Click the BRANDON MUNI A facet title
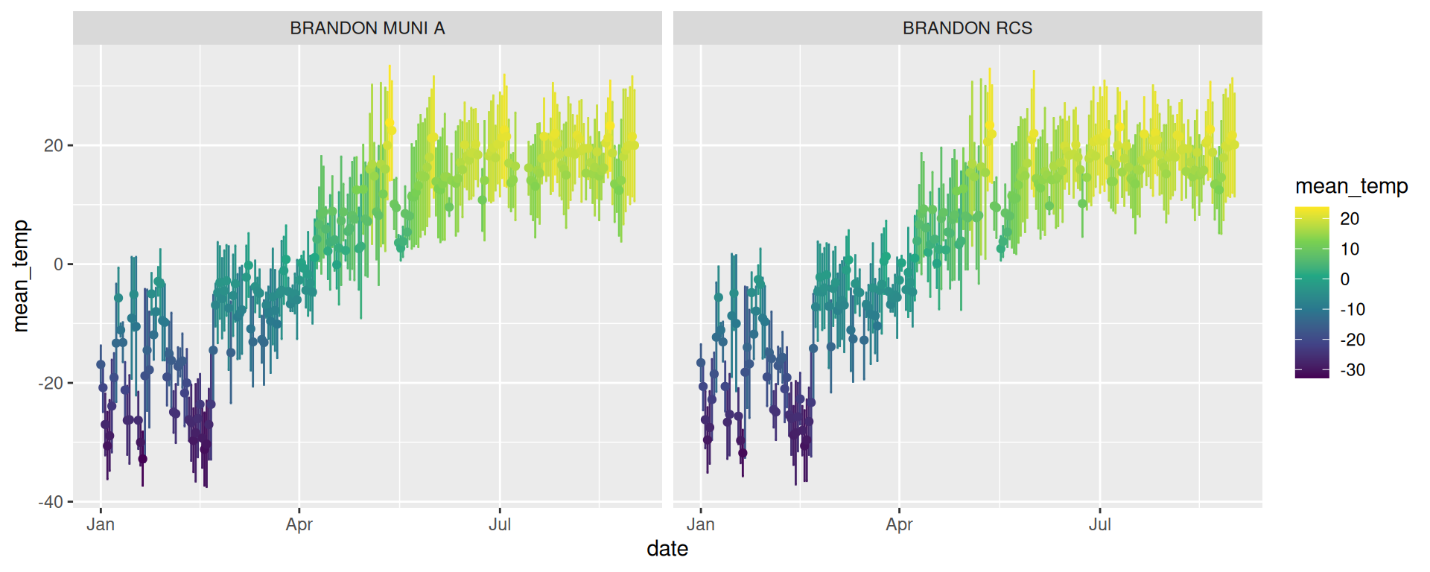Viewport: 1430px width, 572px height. (367, 28)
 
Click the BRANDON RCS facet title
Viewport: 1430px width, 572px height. (967, 28)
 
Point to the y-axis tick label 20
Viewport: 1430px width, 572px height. (54, 146)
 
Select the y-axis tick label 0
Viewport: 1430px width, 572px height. (58, 264)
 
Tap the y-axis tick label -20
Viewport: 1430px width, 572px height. (51, 384)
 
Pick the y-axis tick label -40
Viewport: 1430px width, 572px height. (51, 502)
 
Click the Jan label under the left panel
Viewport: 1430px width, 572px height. (101, 524)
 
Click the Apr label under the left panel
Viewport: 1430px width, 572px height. (299, 524)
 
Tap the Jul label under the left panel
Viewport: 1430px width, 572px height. (500, 524)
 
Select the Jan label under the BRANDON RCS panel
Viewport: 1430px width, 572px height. (700, 524)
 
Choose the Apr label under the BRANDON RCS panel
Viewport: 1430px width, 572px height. (899, 524)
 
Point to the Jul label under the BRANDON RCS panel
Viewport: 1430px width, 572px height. (1099, 524)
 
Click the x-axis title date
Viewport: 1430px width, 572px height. (667, 549)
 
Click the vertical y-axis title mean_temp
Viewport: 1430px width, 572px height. (21, 276)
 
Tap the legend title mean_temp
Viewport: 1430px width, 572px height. (1351, 186)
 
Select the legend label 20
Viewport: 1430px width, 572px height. (1350, 219)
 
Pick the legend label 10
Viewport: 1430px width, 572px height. (1350, 250)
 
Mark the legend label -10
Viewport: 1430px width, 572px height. (1353, 310)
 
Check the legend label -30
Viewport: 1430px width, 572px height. (1353, 370)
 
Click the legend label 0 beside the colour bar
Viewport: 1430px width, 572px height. (1345, 279)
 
